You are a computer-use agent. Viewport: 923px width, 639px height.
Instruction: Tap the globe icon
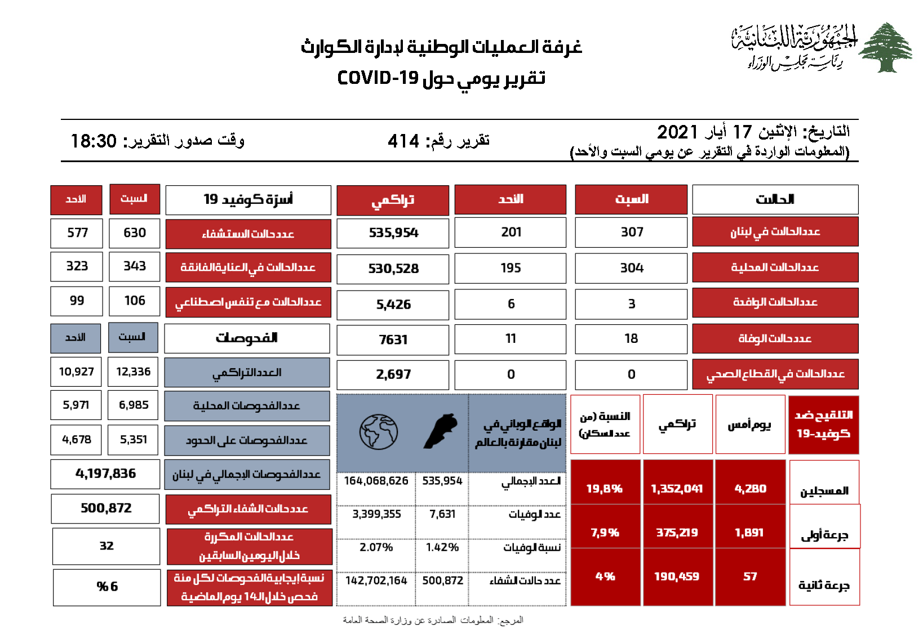coord(379,432)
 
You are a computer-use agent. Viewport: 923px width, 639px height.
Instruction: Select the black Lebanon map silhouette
coord(441,431)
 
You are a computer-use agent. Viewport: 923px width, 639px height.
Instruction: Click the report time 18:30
coord(94,141)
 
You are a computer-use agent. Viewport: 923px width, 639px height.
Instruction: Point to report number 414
coord(403,141)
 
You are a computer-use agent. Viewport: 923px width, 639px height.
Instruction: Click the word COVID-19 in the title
coord(378,78)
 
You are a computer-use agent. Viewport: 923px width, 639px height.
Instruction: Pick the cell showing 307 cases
coord(632,232)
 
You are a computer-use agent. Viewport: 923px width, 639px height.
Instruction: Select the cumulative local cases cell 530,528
coord(393,269)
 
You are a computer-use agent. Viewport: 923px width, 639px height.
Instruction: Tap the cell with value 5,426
coord(393,305)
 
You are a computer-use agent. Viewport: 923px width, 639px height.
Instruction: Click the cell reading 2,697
coord(393,374)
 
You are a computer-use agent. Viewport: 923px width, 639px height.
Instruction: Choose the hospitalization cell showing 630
coord(135,233)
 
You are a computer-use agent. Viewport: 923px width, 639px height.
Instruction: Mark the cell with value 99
coord(77,301)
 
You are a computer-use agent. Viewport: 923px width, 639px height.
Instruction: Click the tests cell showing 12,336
coord(134,372)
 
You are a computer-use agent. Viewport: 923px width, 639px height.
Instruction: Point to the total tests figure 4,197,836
coord(105,473)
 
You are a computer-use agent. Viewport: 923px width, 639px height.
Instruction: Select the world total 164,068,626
coord(376,481)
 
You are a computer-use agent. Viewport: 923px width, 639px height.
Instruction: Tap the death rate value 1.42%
coord(442,547)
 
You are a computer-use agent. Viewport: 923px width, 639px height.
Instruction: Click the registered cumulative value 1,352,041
coord(677,489)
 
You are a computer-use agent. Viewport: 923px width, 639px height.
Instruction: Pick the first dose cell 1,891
coord(749,533)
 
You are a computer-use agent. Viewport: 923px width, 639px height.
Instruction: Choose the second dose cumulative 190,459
coord(677,577)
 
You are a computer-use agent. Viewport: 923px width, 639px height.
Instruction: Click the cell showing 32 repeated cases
coord(106,546)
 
